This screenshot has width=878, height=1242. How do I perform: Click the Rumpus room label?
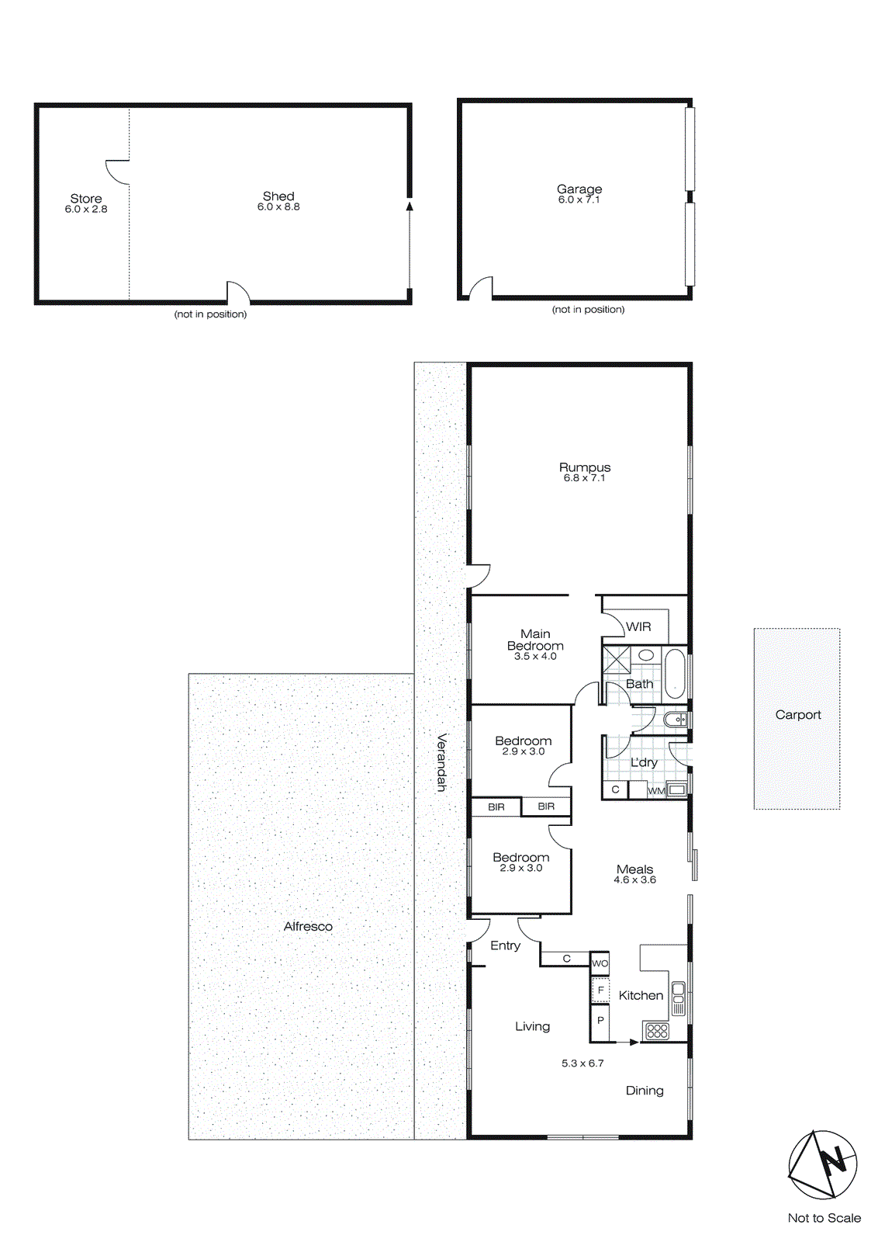click(585, 467)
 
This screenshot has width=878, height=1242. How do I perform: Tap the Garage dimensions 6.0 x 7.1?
click(579, 200)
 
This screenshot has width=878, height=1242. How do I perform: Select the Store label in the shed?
click(86, 199)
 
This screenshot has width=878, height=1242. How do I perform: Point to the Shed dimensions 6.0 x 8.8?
click(278, 207)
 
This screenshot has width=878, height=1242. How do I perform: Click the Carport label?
click(798, 715)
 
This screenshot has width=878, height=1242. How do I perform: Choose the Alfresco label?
click(308, 927)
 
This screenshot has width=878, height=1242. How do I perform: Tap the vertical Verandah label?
click(441, 762)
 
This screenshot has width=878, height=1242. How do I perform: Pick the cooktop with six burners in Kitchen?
click(657, 1031)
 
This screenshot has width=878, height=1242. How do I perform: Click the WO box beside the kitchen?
click(600, 963)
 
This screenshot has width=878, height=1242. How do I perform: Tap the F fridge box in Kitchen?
click(600, 990)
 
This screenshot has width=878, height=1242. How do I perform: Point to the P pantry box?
click(600, 1021)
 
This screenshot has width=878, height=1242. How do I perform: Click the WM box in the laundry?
click(656, 791)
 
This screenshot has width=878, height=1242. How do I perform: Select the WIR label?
click(638, 627)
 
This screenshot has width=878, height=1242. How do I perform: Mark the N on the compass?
click(834, 1161)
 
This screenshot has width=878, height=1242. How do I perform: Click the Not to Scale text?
click(824, 1218)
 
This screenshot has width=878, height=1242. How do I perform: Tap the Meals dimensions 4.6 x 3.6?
click(634, 880)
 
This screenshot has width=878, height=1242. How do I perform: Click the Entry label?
click(505, 945)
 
